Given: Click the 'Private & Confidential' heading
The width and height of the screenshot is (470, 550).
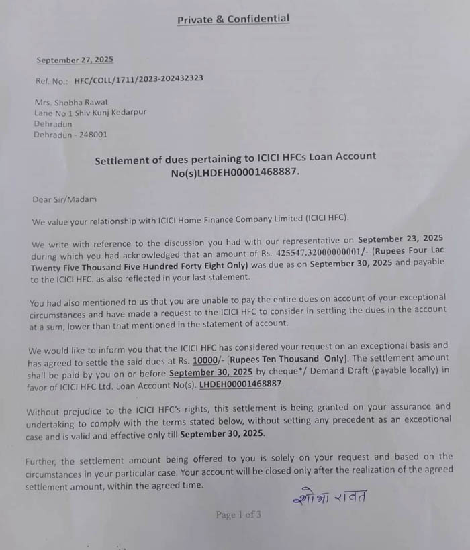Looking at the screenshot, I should (x=233, y=19).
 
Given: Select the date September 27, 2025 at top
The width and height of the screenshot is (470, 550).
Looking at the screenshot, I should (x=75, y=60).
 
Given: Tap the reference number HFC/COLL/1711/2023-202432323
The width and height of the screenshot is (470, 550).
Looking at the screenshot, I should (x=139, y=78).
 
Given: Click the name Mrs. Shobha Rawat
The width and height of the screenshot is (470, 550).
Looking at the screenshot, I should (x=70, y=103).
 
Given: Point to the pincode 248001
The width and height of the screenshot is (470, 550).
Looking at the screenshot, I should (x=91, y=135).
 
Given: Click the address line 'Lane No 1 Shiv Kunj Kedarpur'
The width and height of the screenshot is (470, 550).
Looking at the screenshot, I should (x=90, y=113).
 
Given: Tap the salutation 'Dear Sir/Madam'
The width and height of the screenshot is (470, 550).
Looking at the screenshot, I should (x=64, y=199).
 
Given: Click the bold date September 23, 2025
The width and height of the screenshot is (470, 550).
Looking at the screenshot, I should (x=401, y=239).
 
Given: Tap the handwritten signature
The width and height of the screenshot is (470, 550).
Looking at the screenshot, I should (x=330, y=497).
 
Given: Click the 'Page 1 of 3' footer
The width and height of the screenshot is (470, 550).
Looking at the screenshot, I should (x=238, y=515).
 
